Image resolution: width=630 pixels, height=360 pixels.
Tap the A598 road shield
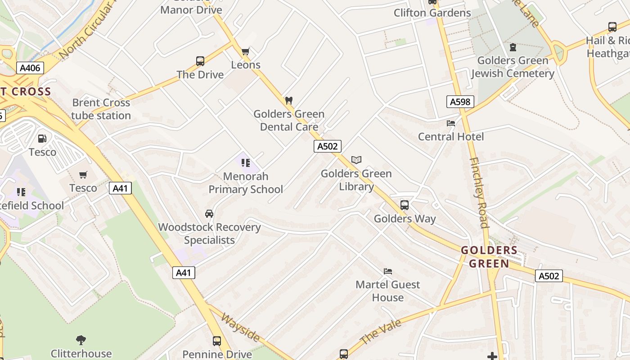point(460,102)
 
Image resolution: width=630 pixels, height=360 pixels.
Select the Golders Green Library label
point(356,180)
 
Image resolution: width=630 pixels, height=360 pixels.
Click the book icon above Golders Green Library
point(356,160)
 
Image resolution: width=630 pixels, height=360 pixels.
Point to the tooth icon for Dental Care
point(289,100)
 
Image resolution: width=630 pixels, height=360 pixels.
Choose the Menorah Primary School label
point(246,183)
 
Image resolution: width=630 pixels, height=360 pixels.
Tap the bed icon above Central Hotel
point(451,123)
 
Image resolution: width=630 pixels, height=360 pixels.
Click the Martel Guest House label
point(387,291)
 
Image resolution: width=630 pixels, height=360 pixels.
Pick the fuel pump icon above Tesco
point(42,139)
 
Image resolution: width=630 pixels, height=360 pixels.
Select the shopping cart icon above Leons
point(246,51)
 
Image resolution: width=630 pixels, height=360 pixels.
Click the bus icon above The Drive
point(200,61)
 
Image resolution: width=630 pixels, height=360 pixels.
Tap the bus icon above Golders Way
point(405,205)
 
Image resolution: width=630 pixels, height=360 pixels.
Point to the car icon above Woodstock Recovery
point(209,213)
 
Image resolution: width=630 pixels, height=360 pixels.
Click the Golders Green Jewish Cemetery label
point(513,67)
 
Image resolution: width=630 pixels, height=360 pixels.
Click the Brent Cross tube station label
point(101,109)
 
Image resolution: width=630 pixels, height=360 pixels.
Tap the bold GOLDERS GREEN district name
point(489,256)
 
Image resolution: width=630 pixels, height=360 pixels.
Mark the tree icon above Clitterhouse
point(81,340)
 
